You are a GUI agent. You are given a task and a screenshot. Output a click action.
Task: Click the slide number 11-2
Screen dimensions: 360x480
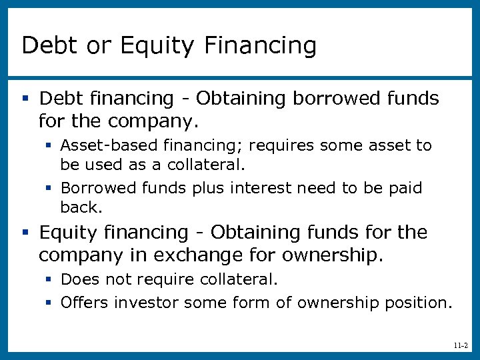pyautogui.click(x=459, y=346)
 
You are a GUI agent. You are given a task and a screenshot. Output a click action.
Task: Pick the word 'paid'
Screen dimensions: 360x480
pyautogui.click(x=405, y=188)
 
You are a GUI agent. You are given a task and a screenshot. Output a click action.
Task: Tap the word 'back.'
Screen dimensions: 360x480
pyautogui.click(x=81, y=207)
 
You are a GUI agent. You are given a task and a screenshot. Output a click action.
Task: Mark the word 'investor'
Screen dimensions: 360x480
pyautogui.click(x=146, y=303)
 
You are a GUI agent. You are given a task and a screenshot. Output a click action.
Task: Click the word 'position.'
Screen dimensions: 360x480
pyautogui.click(x=419, y=303)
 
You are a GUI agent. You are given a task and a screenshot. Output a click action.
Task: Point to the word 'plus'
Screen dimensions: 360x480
pyautogui.click(x=209, y=188)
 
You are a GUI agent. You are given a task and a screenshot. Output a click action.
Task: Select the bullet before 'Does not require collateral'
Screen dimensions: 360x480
pyautogui.click(x=49, y=279)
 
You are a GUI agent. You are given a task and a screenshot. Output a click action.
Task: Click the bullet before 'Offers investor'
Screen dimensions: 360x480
pyautogui.click(x=49, y=303)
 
